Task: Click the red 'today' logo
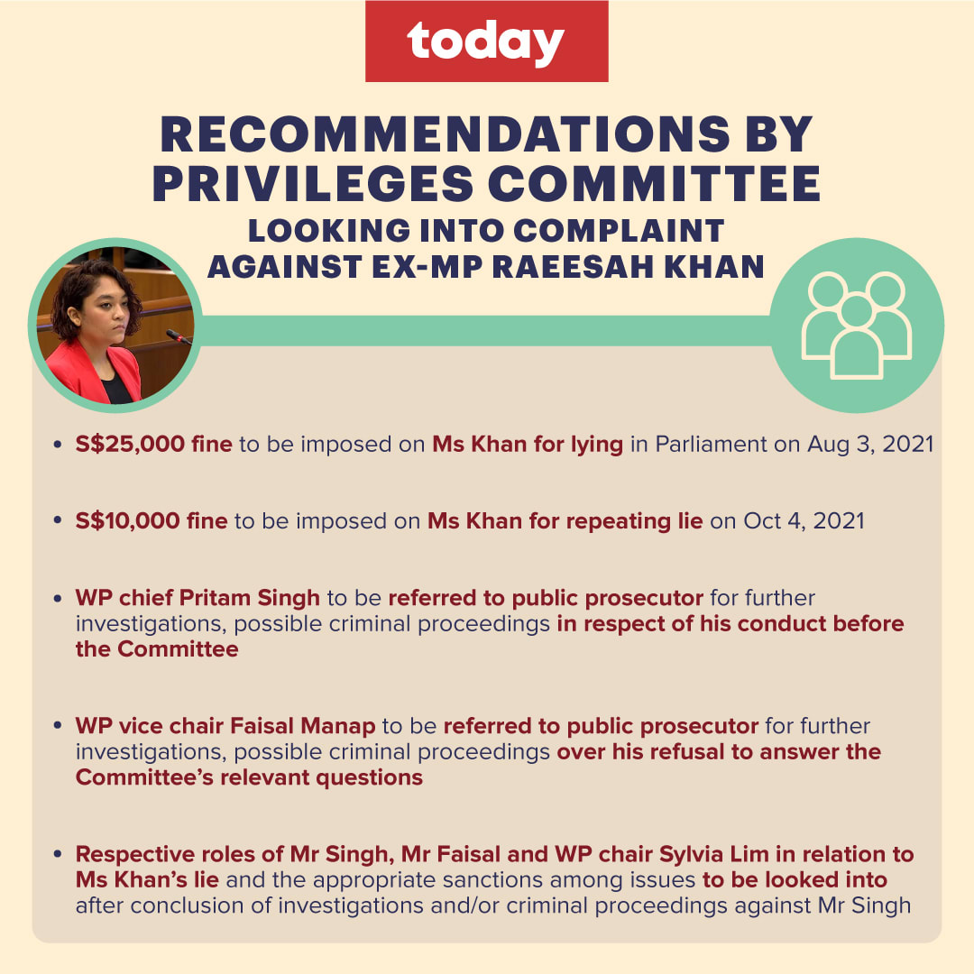click(x=486, y=41)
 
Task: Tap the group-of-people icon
click(x=857, y=326)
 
